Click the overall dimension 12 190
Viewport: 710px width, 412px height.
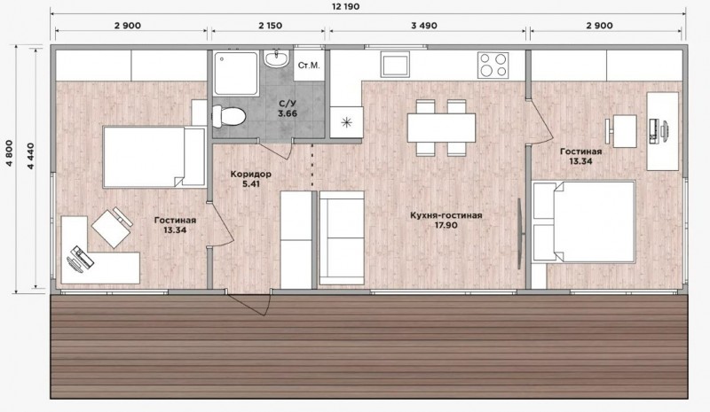coord(345,7)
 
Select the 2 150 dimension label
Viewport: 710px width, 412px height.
coord(271,26)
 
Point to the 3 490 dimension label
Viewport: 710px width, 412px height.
coord(424,26)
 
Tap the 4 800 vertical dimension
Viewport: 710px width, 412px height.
coord(10,154)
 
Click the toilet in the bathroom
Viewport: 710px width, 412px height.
coord(229,116)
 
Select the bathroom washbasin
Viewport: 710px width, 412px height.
coord(276,58)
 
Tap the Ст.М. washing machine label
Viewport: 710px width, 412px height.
coord(309,66)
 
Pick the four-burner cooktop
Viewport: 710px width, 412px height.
coord(493,65)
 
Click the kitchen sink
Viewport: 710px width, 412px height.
coord(395,64)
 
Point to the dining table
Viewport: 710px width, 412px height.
coord(441,128)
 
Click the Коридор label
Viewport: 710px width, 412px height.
coord(251,175)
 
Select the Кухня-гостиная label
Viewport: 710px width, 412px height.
coord(446,215)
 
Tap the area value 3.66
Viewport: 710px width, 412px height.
coord(288,113)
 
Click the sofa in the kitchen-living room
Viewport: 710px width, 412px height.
coord(342,237)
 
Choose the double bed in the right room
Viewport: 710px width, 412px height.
coord(584,222)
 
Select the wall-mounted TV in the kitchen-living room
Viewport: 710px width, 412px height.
coord(522,233)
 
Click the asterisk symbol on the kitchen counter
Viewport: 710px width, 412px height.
coord(346,122)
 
